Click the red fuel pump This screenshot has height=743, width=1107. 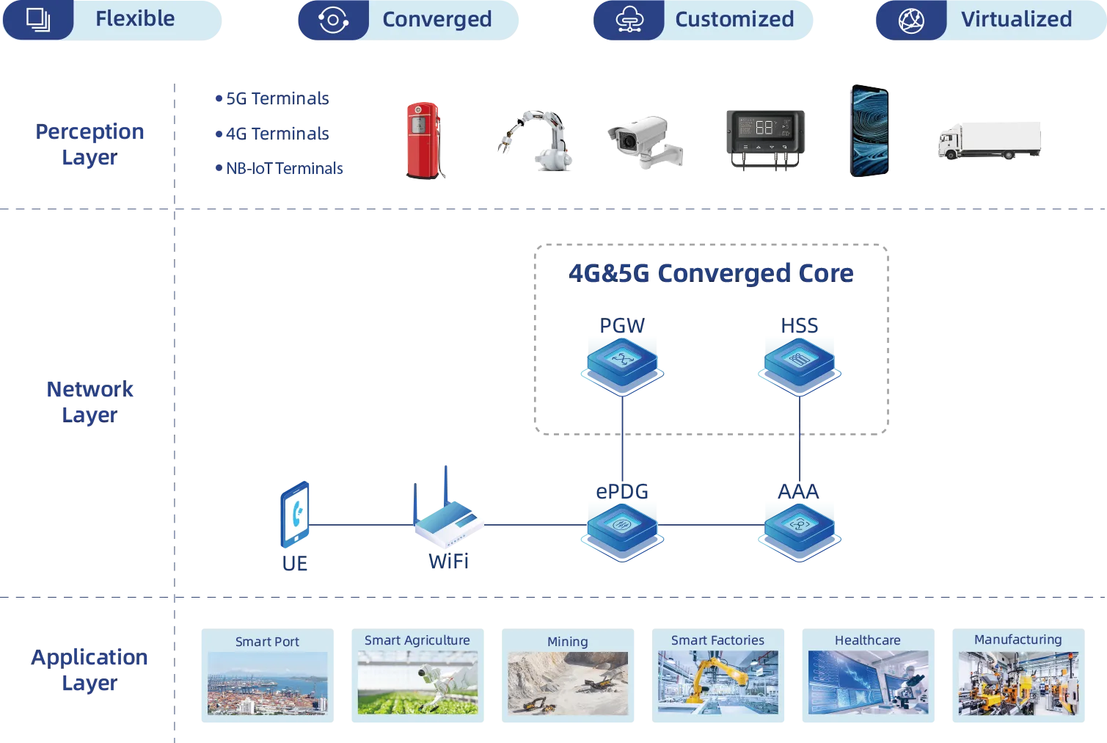423,140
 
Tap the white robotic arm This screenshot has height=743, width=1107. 536,140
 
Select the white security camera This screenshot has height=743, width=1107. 646,141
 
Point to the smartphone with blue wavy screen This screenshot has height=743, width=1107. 869,131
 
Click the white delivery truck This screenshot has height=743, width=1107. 990,140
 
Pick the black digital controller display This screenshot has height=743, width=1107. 765,139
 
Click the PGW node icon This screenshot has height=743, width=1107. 622,366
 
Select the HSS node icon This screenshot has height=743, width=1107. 800,366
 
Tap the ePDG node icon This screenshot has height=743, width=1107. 622,532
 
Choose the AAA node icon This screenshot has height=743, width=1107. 800,532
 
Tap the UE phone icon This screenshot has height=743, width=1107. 295,515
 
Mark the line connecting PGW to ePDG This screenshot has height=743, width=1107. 622,438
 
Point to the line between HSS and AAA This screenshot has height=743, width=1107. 800,438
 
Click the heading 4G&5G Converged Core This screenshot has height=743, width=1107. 711,274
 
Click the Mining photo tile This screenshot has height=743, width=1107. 568,675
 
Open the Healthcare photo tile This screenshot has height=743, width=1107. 869,675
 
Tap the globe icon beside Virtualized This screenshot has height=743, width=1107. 911,21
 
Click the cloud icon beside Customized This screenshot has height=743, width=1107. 629,21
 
